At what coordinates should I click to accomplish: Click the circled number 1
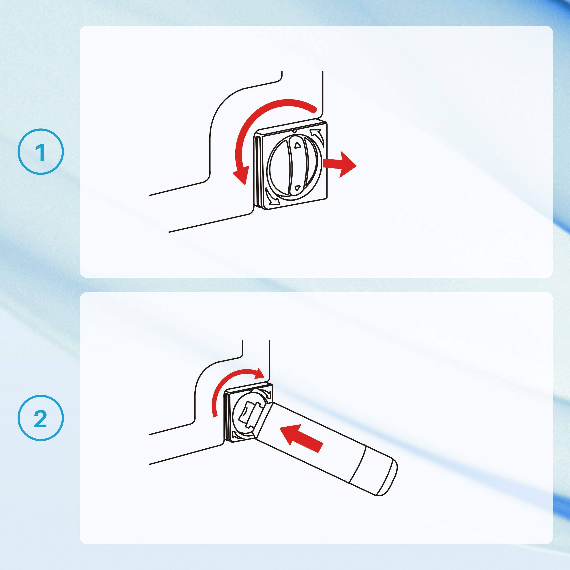tap(41, 152)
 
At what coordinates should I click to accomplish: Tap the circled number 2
tap(41, 418)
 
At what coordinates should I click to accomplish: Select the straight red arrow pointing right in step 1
tap(340, 164)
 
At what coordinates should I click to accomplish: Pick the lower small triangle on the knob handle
tap(297, 187)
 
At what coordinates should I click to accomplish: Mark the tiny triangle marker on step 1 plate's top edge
tap(294, 131)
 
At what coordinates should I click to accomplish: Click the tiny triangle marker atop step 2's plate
tap(251, 390)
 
